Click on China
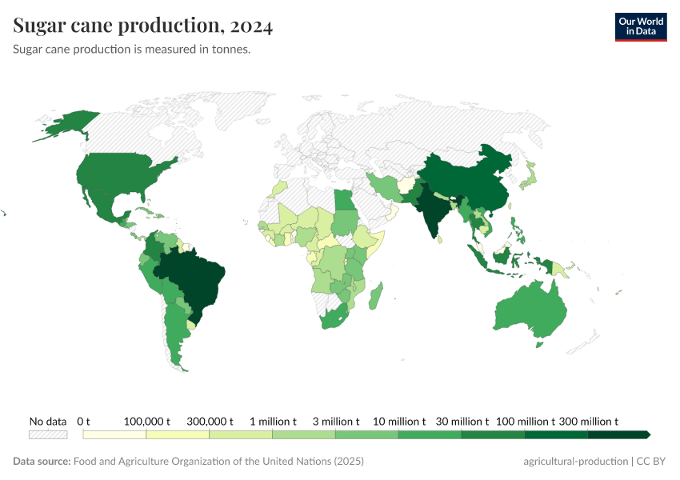(x=472, y=180)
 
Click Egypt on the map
(x=343, y=200)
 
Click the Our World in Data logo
(x=640, y=26)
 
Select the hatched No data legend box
(x=48, y=434)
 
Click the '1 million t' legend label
(x=273, y=421)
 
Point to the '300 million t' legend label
(x=588, y=421)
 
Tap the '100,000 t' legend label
(x=147, y=421)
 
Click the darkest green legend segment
(x=618, y=434)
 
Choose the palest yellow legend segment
(x=114, y=434)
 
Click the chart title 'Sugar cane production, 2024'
(x=143, y=26)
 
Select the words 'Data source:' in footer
(x=42, y=462)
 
